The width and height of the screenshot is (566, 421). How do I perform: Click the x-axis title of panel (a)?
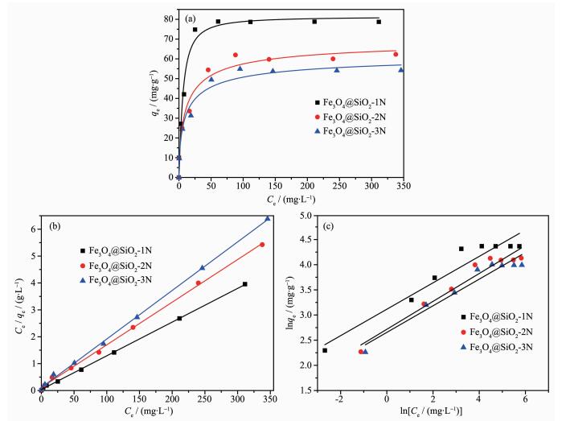point(291,198)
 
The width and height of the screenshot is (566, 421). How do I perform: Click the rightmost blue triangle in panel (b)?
point(268,218)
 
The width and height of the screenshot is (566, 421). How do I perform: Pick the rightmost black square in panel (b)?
point(244,284)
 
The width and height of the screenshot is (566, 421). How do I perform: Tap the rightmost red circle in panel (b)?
point(262,244)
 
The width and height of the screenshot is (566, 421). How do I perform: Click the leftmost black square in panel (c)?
point(325,350)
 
